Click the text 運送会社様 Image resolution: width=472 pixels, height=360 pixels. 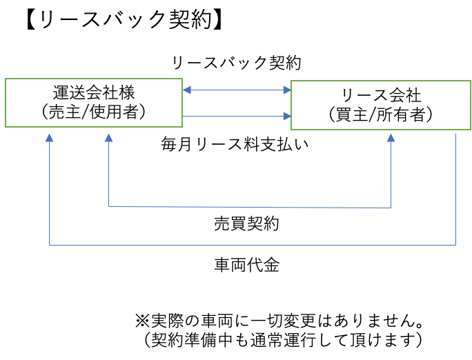(x=93, y=93)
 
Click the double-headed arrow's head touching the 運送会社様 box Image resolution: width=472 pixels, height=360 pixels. (x=187, y=90)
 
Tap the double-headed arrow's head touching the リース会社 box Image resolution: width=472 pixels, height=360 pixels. (x=287, y=90)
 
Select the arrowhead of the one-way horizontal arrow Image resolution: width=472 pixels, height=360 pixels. (x=287, y=116)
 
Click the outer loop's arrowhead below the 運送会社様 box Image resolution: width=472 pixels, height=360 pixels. (x=49, y=137)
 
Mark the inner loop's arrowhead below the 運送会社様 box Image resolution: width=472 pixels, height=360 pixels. (x=108, y=137)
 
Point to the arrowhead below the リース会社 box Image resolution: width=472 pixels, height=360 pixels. (x=391, y=137)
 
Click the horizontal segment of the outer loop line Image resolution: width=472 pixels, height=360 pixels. (x=252, y=244)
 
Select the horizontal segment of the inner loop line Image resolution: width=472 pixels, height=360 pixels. (x=248, y=207)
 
